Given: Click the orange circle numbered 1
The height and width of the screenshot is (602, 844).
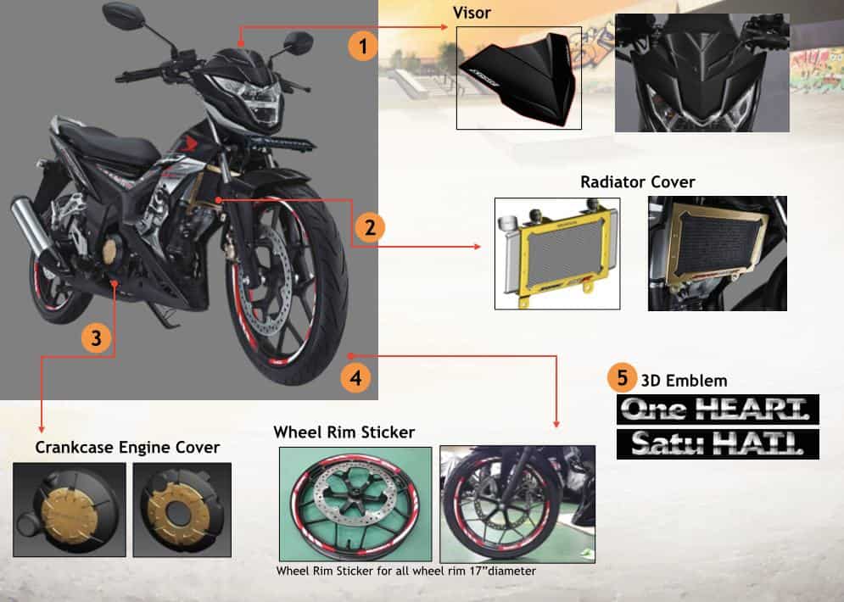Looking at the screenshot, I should tap(363, 45).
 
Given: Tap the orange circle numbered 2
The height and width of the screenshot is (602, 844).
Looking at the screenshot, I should tap(370, 226).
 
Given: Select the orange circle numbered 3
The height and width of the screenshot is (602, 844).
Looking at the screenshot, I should tap(96, 337).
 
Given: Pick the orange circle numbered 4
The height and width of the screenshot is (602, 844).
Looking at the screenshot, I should tap(356, 378).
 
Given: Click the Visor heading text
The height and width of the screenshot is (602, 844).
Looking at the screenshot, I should tap(472, 13).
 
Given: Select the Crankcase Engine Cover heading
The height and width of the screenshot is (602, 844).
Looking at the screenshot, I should tap(127, 447).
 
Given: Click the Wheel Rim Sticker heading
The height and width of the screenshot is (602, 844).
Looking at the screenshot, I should tap(344, 432).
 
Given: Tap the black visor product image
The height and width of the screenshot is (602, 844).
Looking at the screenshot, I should tap(518, 77).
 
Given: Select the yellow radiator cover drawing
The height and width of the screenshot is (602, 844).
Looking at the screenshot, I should tap(556, 252).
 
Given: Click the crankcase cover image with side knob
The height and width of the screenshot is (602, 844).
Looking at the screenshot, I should tap(69, 510).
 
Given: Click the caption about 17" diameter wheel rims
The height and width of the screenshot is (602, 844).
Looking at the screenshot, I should tap(405, 571).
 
